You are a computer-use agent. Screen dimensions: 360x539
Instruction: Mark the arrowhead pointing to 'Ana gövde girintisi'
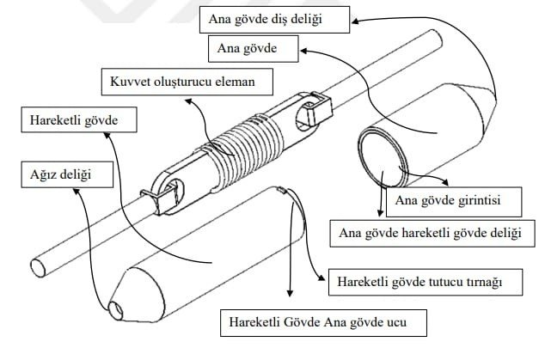click(x=444, y=182)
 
